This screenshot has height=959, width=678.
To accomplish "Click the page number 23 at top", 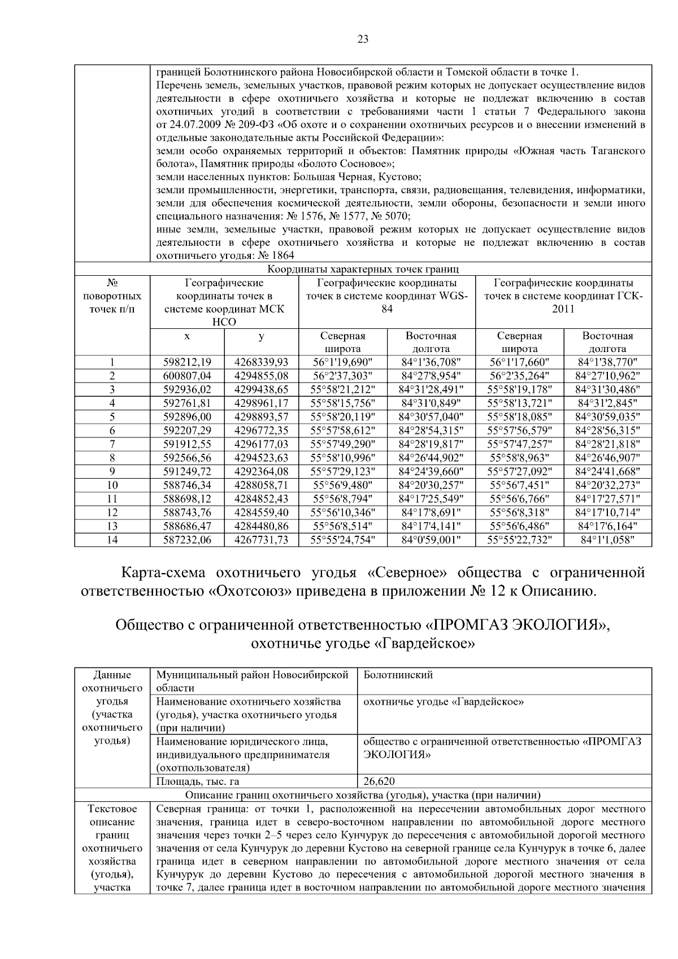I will click(363, 39).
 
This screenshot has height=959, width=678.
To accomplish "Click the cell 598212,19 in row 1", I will click(187, 362).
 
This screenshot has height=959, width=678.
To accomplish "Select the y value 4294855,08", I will click(261, 376).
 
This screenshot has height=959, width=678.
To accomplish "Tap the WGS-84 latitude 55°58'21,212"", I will click(342, 389).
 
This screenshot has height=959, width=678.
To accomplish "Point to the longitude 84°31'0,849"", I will click(431, 403).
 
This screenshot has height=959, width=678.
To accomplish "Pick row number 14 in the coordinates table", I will click(112, 540).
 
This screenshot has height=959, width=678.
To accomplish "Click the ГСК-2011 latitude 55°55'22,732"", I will click(519, 540).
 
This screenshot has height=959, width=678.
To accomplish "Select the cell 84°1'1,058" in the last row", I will click(607, 540).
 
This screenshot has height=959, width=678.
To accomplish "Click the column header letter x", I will click(187, 336).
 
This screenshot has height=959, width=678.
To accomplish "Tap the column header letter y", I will click(261, 336).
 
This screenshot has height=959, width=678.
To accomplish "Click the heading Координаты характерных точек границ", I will click(363, 270).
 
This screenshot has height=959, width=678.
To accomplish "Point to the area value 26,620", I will click(379, 782).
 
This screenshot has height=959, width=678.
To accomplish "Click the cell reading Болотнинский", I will click(398, 675).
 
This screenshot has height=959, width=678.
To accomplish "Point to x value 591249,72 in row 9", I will click(187, 471).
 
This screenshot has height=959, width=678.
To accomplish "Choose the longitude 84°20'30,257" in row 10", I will click(431, 485).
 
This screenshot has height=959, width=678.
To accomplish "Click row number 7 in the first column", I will click(112, 444).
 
